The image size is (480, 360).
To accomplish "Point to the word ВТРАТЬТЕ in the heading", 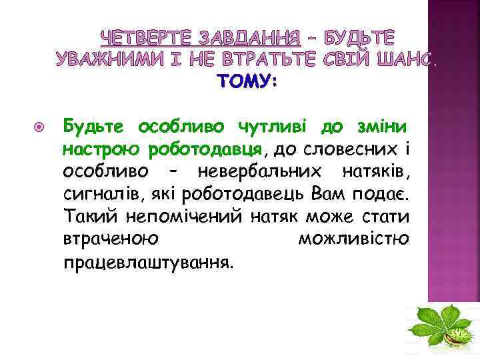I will (287, 59).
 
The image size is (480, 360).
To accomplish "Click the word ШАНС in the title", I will (398, 59).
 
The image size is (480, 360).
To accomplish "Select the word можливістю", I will (353, 239).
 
